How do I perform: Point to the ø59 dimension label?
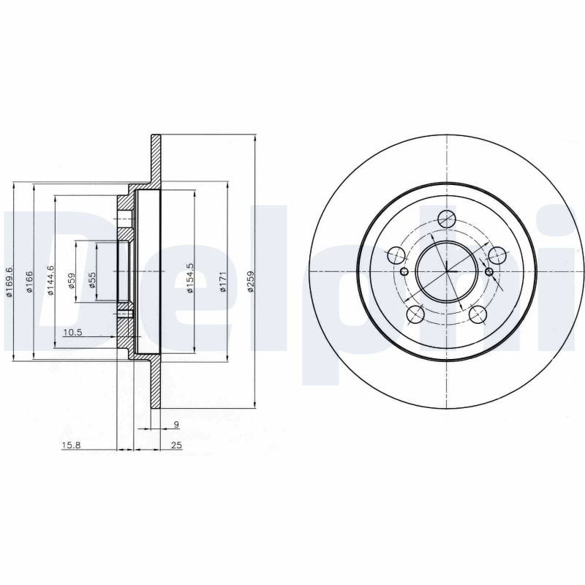pyautogui.click(x=72, y=281)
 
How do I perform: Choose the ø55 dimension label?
pyautogui.click(x=92, y=281)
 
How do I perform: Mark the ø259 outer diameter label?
pyautogui.click(x=251, y=281)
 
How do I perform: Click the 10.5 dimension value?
pyautogui.click(x=72, y=333)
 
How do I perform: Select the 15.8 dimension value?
pyautogui.click(x=71, y=445)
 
